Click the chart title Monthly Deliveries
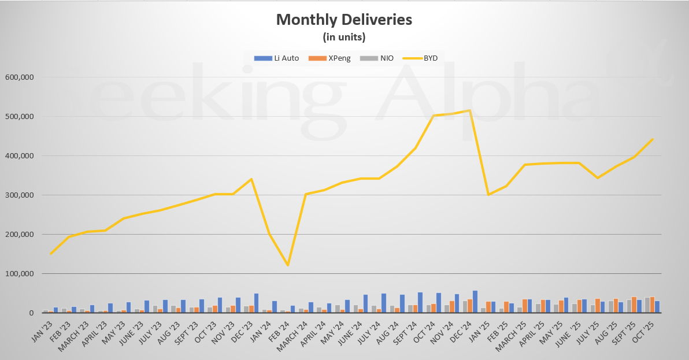pos(344,20)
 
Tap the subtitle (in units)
pos(344,37)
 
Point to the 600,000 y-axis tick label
pos(20,77)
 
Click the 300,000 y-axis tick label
pos(20,195)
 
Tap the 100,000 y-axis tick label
pos(20,274)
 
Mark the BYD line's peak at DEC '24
pos(471,110)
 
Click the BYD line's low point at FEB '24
pos(288,265)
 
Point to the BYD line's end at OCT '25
pos(653,139)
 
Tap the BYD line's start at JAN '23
pos(51,254)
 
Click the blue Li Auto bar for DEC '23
pos(256,303)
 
